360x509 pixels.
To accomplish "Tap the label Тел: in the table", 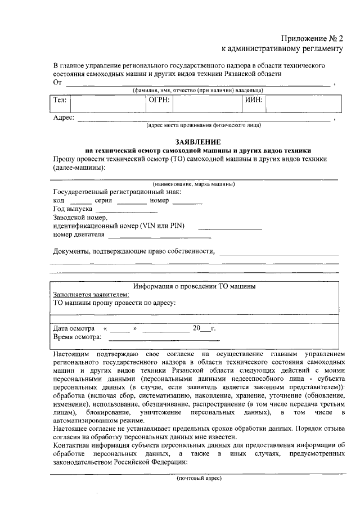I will coord(60,101).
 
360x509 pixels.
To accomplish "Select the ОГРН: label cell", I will coord(159,101).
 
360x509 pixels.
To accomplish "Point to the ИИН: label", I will coord(254,101).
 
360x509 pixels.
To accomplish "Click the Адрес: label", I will coord(64,118).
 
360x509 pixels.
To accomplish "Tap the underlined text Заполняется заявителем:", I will coord(91,294).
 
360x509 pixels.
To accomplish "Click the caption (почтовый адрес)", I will coord(200,478).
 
